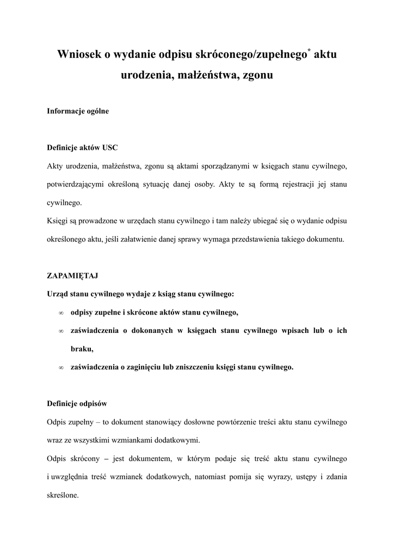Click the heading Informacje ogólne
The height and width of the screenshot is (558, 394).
[x=78, y=111]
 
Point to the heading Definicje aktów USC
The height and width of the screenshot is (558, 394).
[x=82, y=148]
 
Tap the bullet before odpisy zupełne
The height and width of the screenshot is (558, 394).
[x=61, y=313]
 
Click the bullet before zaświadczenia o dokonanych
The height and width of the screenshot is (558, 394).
[x=61, y=331]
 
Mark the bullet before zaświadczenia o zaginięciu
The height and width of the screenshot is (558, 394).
[x=61, y=367]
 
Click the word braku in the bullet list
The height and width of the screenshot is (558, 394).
[x=82, y=349]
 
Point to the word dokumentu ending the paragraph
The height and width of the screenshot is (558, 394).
[x=324, y=239]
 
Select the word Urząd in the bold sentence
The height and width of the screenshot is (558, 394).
[x=59, y=294]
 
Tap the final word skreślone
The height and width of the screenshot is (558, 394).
[x=63, y=496]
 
